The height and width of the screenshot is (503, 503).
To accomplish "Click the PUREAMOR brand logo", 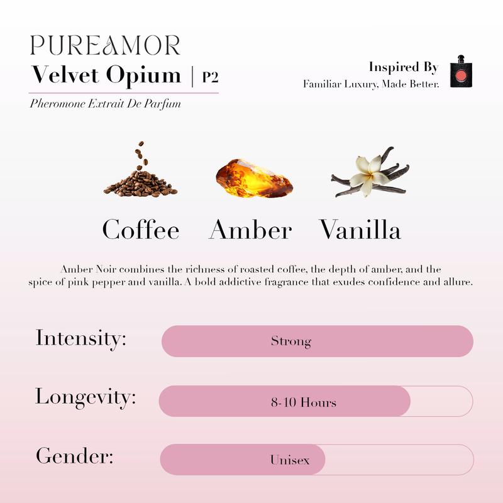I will coord(105,45).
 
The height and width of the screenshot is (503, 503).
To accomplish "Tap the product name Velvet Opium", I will coord(106,76).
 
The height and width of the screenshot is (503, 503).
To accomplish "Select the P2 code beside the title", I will coord(210,77).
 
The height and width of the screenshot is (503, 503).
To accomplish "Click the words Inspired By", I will coord(403,67).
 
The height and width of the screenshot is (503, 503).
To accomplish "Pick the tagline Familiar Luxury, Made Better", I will coord(371,84).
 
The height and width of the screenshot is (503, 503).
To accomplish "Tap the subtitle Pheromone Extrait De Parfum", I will coord(105,104).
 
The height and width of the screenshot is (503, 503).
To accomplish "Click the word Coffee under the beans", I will coord(141,229).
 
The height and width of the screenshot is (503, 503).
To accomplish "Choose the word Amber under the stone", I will coord(250,229).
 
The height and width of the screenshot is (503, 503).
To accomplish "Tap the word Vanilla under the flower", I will coord(360,229).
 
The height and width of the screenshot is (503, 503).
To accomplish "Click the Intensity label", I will coord(81,338).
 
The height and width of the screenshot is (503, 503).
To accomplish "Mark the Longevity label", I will coord(86,397).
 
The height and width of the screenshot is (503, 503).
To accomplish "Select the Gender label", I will coord(75,455).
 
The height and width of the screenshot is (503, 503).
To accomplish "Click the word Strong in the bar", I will coord(291,342).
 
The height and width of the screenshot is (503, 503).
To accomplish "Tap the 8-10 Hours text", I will coord(304,402).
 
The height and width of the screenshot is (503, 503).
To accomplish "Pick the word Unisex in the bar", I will coord(290,460).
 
